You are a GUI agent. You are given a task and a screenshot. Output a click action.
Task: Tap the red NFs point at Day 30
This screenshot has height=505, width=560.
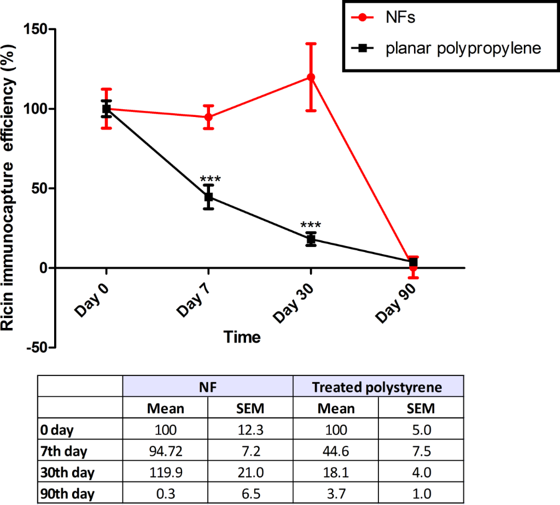(x=311, y=77)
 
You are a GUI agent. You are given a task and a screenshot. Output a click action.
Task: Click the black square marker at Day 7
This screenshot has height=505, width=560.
(x=208, y=197)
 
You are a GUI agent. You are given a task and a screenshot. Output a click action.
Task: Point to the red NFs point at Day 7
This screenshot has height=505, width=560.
(x=208, y=117)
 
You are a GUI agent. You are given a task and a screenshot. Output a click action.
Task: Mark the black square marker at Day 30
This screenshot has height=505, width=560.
(x=311, y=239)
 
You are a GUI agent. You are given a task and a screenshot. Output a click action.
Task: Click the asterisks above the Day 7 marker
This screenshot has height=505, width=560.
(x=208, y=179)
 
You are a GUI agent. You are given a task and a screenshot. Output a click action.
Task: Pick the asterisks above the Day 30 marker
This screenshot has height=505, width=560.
(x=311, y=225)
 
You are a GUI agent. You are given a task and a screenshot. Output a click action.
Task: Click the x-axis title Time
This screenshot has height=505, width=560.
(x=242, y=337)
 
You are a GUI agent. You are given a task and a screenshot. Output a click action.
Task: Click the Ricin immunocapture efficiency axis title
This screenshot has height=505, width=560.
(x=10, y=189)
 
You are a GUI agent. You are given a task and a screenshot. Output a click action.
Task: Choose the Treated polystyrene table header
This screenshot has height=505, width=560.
(x=377, y=387)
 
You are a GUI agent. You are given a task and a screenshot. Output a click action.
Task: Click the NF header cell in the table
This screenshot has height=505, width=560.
(x=208, y=387)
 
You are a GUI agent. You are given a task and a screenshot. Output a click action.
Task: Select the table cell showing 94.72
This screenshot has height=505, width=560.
(x=165, y=450)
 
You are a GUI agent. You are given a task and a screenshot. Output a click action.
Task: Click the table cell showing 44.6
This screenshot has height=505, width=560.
(x=335, y=450)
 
